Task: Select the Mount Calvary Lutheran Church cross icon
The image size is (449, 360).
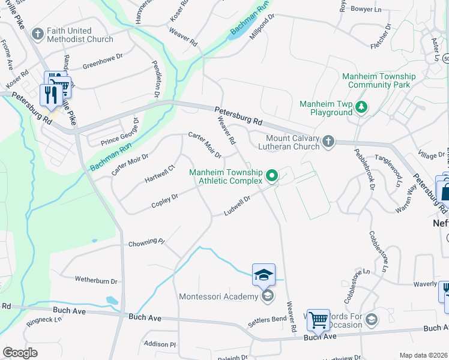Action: [328, 141]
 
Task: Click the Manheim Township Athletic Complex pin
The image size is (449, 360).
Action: [272, 176]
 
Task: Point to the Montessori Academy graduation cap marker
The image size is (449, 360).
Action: [267, 296]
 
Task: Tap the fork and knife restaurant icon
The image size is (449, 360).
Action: [49, 95]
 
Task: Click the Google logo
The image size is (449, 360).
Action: [20, 353]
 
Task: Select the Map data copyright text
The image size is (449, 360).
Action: [423, 355]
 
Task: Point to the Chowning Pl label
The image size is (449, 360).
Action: [146, 242]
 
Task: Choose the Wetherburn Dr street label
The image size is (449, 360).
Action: [96, 280]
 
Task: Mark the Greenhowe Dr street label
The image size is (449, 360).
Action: [103, 62]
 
